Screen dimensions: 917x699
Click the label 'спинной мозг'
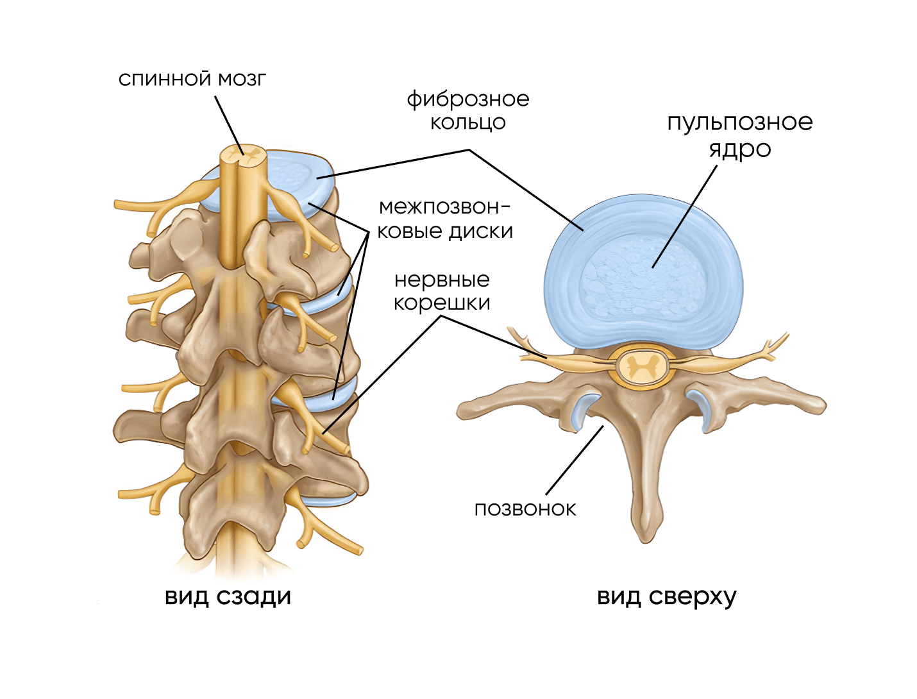pos(192,79)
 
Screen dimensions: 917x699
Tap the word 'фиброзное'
pos(467,99)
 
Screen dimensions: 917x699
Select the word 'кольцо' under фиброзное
pos(467,122)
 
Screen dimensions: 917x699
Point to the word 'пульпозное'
pos(739,122)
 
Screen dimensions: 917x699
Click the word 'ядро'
pos(739,149)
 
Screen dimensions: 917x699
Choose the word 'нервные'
pos(442,280)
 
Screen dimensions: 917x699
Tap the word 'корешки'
pos(442,303)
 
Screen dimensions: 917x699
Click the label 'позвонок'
pos(525,509)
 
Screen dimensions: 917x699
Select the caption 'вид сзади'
pos(228,596)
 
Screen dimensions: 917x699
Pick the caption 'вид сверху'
pos(666,596)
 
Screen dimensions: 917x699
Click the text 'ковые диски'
pos(445,231)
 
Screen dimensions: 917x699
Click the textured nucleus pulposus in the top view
pos(641,276)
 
